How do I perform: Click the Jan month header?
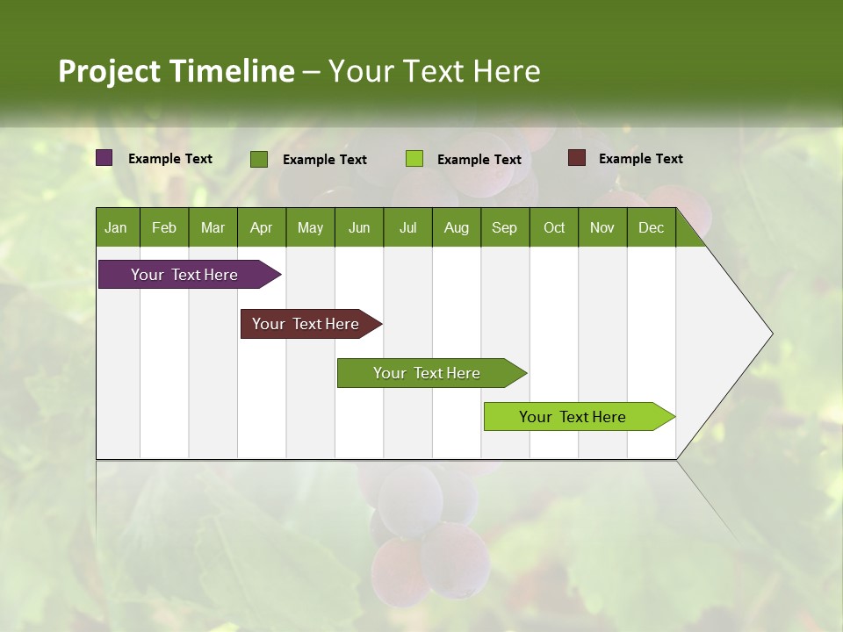tap(116, 227)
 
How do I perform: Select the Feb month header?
tap(164, 227)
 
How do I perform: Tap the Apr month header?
tap(261, 227)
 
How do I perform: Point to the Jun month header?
tap(359, 227)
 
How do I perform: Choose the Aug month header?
tap(456, 227)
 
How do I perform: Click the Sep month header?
tap(504, 227)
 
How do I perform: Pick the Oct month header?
tap(554, 227)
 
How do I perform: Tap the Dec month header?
tap(651, 227)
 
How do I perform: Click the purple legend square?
tap(104, 158)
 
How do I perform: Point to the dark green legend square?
tap(259, 159)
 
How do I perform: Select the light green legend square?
tap(414, 159)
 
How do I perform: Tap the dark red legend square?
tap(577, 158)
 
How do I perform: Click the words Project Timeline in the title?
tap(177, 71)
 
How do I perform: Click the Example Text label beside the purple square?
tap(170, 159)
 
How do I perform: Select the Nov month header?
tap(602, 227)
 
